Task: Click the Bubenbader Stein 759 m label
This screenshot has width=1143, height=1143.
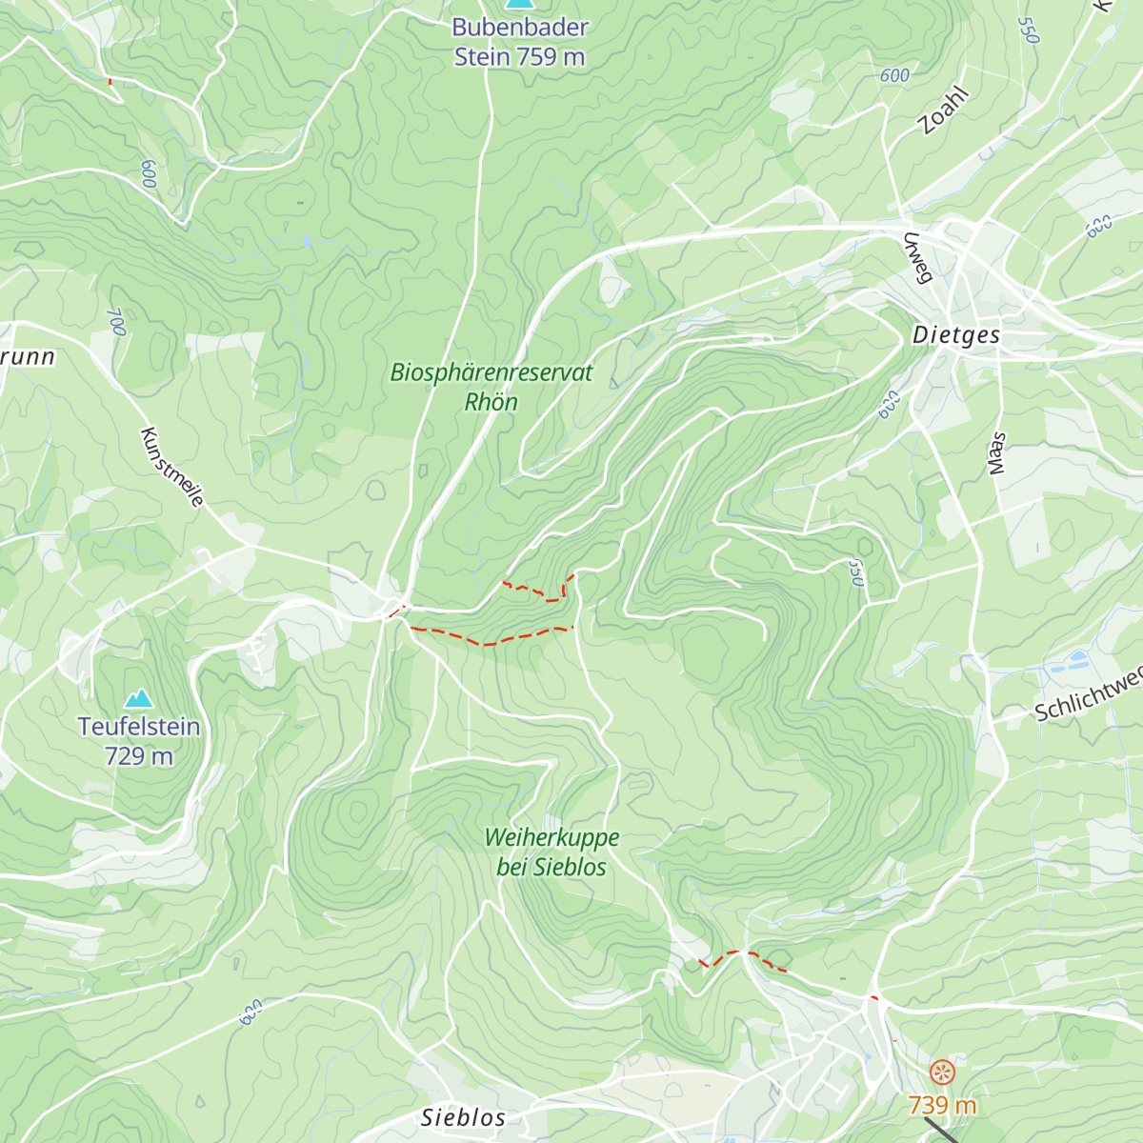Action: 519,42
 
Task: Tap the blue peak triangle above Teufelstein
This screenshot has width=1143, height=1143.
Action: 139,699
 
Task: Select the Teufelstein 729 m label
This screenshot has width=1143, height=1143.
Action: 139,741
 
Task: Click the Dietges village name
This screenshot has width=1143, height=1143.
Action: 956,335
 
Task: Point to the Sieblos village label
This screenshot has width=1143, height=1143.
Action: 464,1117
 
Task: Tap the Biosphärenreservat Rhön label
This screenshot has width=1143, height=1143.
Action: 491,387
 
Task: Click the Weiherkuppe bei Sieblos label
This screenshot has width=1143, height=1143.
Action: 551,852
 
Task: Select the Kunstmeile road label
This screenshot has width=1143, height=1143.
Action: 171,468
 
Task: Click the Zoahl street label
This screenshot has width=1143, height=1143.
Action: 943,110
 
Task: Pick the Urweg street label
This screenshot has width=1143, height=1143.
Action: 916,258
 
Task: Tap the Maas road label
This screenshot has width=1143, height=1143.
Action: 997,453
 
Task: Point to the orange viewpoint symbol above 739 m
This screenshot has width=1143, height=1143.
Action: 941,1072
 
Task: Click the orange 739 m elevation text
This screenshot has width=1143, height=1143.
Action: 942,1106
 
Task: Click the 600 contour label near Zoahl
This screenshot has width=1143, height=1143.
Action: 894,75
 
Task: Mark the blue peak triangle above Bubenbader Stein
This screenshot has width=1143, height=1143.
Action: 517,4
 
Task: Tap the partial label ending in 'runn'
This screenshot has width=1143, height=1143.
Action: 28,357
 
